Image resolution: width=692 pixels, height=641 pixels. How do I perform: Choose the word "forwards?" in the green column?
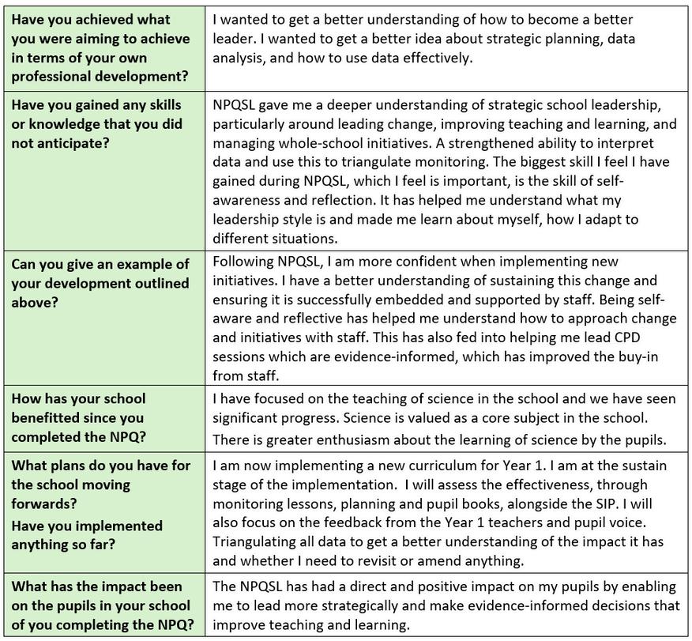click(x=48, y=503)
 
